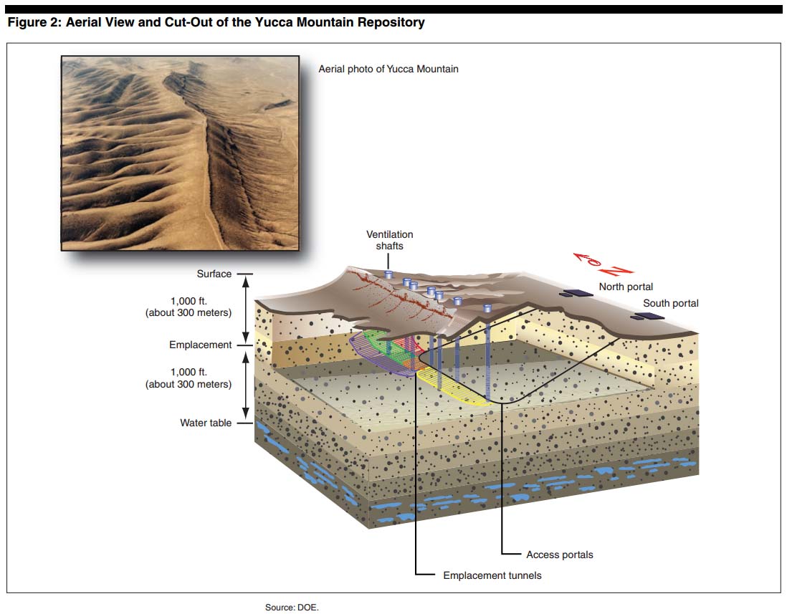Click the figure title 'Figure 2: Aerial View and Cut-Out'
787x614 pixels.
point(216,22)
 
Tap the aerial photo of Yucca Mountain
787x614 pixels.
point(180,153)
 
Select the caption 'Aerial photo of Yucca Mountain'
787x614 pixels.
point(388,69)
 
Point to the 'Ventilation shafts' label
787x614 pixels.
point(389,240)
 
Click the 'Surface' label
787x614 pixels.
point(214,274)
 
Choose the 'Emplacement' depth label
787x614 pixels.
point(201,345)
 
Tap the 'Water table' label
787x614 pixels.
point(206,423)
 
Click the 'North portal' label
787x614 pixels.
point(626,287)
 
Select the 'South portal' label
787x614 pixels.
point(670,303)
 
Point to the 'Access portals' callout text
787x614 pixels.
point(559,555)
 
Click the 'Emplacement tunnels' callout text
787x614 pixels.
point(492,575)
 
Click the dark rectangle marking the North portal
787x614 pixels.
point(573,292)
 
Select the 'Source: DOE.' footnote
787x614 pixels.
point(292,607)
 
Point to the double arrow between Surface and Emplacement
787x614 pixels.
point(246,309)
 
